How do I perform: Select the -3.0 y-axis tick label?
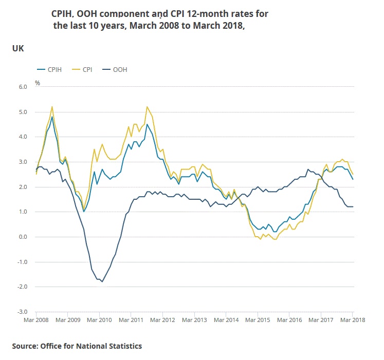pos(22,312)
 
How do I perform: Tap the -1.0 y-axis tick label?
pos(22,262)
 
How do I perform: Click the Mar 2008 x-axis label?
pos(36,319)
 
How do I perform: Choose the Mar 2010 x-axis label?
pos(99,319)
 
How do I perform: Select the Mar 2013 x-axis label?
pos(194,319)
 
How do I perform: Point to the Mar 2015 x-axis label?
pos(258,319)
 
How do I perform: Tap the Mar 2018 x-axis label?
pos(352,319)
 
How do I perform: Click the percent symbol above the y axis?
pos(37,83)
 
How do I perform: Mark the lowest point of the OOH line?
pos(102,281)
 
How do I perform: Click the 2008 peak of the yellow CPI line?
pos(52,107)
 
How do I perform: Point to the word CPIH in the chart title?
pos(62,13)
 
